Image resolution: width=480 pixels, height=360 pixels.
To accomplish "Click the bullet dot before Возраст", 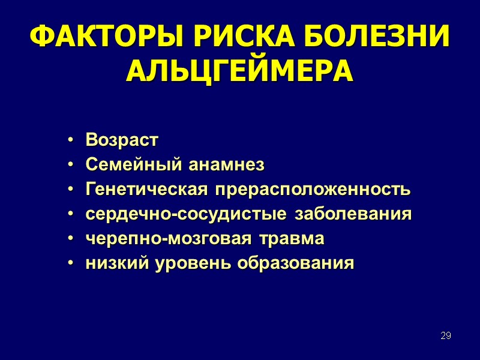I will pyautogui.click(x=71, y=141).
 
